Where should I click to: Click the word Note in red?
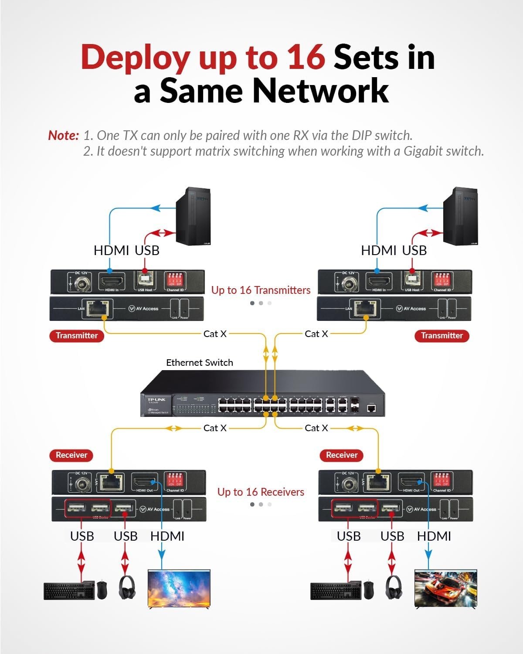pos(63,136)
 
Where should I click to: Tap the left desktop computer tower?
pos(193,216)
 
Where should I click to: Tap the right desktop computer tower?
pos(460,216)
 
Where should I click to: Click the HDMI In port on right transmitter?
pos(379,281)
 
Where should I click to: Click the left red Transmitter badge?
pos(77,336)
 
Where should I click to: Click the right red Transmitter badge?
pos(441,336)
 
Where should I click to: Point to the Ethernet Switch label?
pos(200,363)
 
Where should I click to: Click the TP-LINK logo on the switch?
pos(156,400)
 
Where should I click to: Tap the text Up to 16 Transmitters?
pos(261,290)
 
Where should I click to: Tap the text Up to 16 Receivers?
pos(261,492)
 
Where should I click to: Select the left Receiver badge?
pos(71,455)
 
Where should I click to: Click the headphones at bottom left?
pos(126,587)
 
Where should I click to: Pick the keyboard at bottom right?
pos(336,590)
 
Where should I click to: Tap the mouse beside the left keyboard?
pos(102,589)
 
